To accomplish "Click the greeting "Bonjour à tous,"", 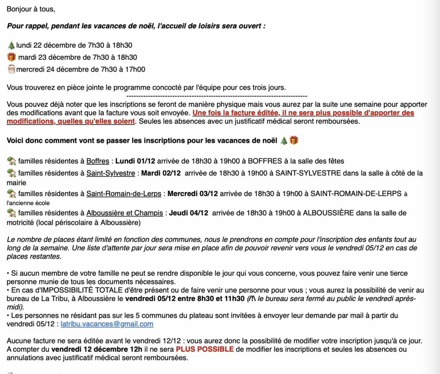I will pos(31,9).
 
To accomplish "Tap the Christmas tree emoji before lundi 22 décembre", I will pos(11,45).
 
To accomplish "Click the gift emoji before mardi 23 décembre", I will pos(11,57).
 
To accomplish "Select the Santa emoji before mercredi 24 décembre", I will pos(11,69).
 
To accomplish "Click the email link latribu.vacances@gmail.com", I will pos(107,324).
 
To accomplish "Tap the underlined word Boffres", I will pos(98,161).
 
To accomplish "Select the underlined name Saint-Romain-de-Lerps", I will pos(124,194).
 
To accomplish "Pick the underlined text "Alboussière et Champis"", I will pos(125,213).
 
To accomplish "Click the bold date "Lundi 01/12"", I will pos(135,161).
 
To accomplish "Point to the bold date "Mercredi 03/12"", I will pos(188,194).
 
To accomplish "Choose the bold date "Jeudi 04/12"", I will pos(189,213).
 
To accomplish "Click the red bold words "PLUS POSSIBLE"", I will pos(205,349).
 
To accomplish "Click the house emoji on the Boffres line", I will pos(12,161).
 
